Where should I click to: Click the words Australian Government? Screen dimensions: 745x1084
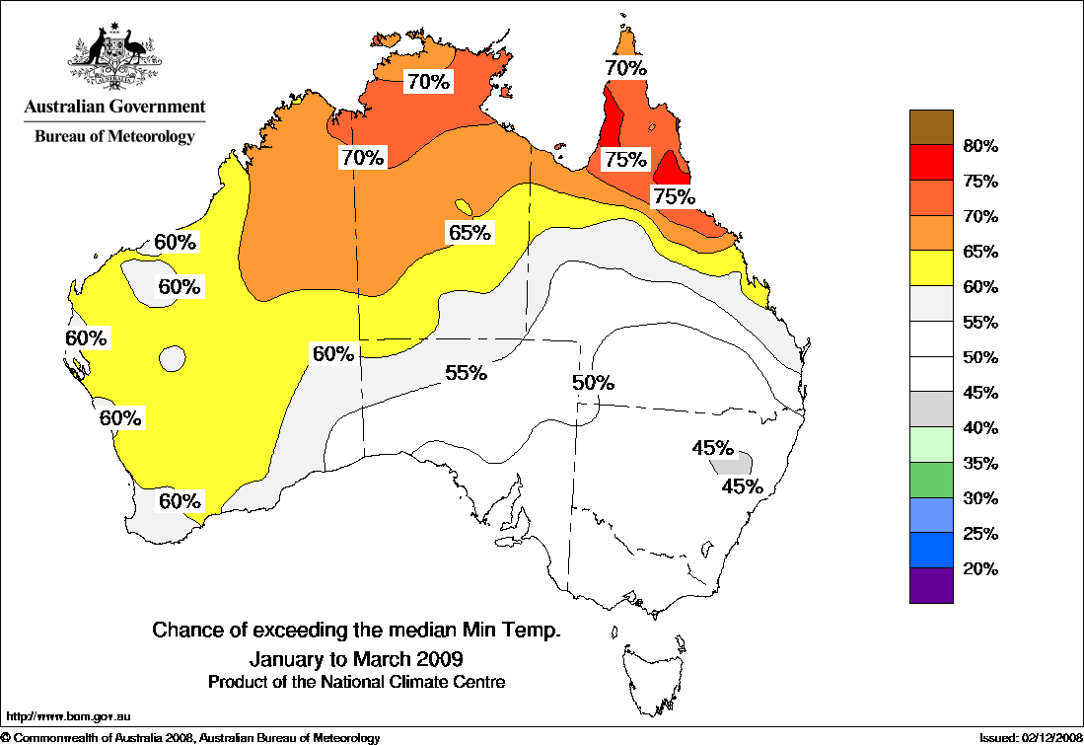pyautogui.click(x=114, y=107)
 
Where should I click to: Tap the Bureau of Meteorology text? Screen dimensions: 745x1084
pyautogui.click(x=114, y=136)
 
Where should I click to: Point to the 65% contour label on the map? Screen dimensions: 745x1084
pyautogui.click(x=470, y=233)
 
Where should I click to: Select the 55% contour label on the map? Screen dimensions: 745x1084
pyautogui.click(x=466, y=373)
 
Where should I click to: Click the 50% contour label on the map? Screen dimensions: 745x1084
pyautogui.click(x=594, y=383)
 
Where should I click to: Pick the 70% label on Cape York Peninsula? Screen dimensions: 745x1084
pyautogui.click(x=625, y=68)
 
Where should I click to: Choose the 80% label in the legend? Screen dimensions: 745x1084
pyautogui.click(x=980, y=146)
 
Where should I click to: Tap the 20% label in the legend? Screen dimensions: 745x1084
pyautogui.click(x=980, y=568)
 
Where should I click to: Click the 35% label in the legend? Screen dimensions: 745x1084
pyautogui.click(x=980, y=463)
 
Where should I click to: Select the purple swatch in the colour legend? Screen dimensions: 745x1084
pyautogui.click(x=931, y=585)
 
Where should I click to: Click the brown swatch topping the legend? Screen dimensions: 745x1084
pyautogui.click(x=931, y=127)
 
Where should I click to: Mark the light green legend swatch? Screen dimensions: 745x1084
pyautogui.click(x=931, y=444)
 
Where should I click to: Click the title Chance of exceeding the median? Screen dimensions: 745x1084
pyautogui.click(x=356, y=630)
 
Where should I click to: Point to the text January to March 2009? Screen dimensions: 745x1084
pyautogui.click(x=356, y=657)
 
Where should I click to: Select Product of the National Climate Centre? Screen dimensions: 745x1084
pyautogui.click(x=356, y=682)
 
